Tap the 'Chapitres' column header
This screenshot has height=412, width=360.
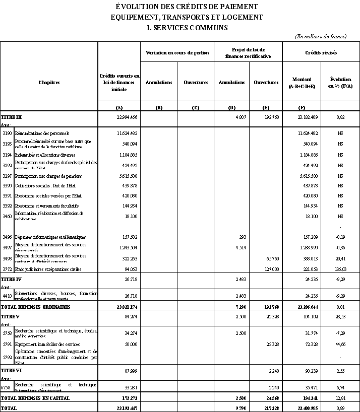[49, 83]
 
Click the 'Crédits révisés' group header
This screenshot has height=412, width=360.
[321, 52]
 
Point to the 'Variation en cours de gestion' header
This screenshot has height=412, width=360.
[177, 52]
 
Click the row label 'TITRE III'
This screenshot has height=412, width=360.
[11, 117]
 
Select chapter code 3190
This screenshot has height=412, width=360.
[7, 133]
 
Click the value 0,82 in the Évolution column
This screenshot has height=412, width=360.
[340, 117]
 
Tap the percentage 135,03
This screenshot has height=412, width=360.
[340, 269]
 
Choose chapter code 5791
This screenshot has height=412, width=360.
[7, 344]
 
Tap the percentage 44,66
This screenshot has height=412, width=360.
[340, 344]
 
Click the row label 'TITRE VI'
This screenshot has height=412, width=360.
[11, 371]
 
